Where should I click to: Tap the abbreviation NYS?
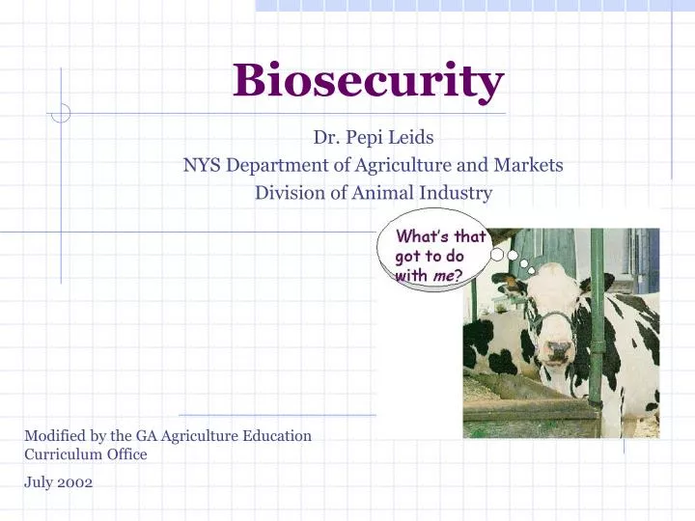click(x=201, y=165)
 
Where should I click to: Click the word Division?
click(x=285, y=193)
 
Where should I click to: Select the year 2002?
click(x=75, y=482)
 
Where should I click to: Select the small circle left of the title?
click(x=60, y=113)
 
